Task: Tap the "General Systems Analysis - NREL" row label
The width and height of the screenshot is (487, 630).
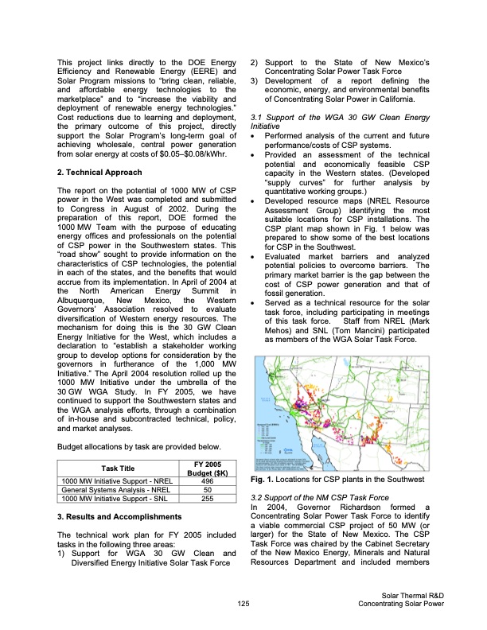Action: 109,490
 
